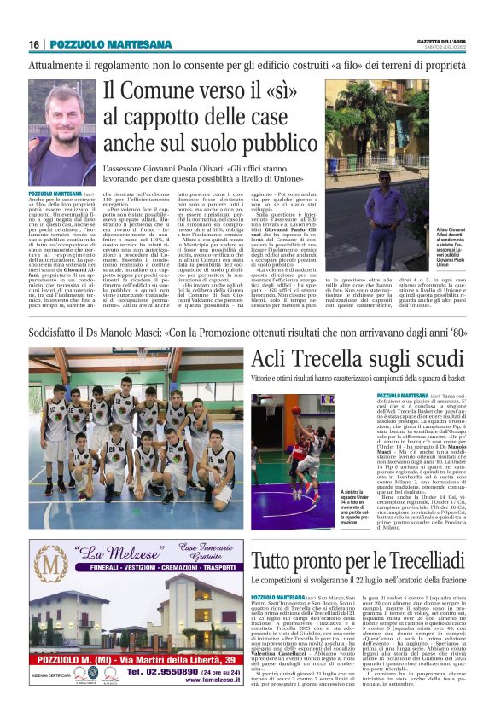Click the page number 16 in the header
point(34,44)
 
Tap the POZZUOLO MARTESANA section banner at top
point(96,44)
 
